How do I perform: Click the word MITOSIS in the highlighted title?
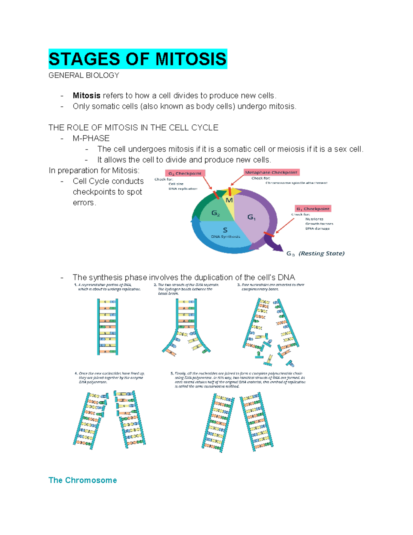(x=191, y=59)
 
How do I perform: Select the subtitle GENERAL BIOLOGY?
(x=84, y=75)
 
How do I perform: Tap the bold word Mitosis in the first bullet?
(x=86, y=95)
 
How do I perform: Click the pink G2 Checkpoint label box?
(x=185, y=173)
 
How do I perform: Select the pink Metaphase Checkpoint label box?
(x=271, y=172)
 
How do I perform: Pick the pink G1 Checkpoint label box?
(x=313, y=209)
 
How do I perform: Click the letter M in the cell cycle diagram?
(x=229, y=200)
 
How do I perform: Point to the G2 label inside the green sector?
(x=215, y=213)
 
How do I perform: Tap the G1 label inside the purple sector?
(x=252, y=217)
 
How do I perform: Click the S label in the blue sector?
(x=225, y=230)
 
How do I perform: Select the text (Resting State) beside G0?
(x=321, y=254)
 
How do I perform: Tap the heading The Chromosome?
(x=83, y=480)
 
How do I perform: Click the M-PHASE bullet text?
(x=91, y=138)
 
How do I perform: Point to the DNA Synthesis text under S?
(x=225, y=237)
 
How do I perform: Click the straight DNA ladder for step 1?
(x=108, y=327)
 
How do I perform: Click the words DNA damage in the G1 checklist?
(x=317, y=228)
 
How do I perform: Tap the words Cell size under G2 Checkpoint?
(x=176, y=184)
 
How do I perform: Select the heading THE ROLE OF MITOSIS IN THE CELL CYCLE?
(x=134, y=128)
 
